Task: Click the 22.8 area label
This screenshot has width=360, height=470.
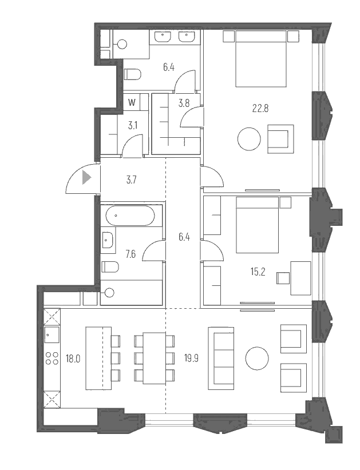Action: [262, 108]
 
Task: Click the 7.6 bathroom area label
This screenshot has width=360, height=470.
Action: [130, 254]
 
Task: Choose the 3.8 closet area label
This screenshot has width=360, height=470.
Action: [184, 104]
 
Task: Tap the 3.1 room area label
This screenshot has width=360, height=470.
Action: [132, 125]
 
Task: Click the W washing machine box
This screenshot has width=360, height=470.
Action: [132, 103]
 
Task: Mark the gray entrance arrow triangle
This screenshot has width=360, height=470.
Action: [86, 178]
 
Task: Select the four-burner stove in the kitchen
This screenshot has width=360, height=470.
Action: [52, 358]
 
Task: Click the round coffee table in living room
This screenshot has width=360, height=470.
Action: [257, 359]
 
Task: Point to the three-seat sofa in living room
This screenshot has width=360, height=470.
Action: [221, 357]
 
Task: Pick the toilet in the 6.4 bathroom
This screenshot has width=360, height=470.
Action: [133, 74]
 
